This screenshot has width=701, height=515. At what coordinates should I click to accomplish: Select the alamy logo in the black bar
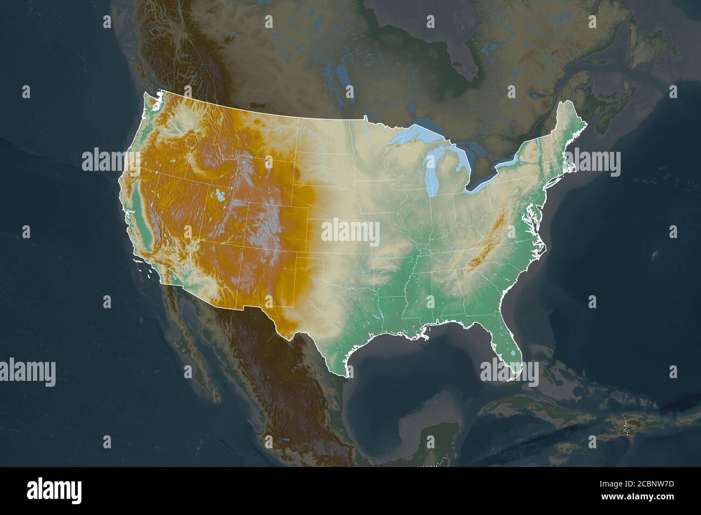click(54, 490)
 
